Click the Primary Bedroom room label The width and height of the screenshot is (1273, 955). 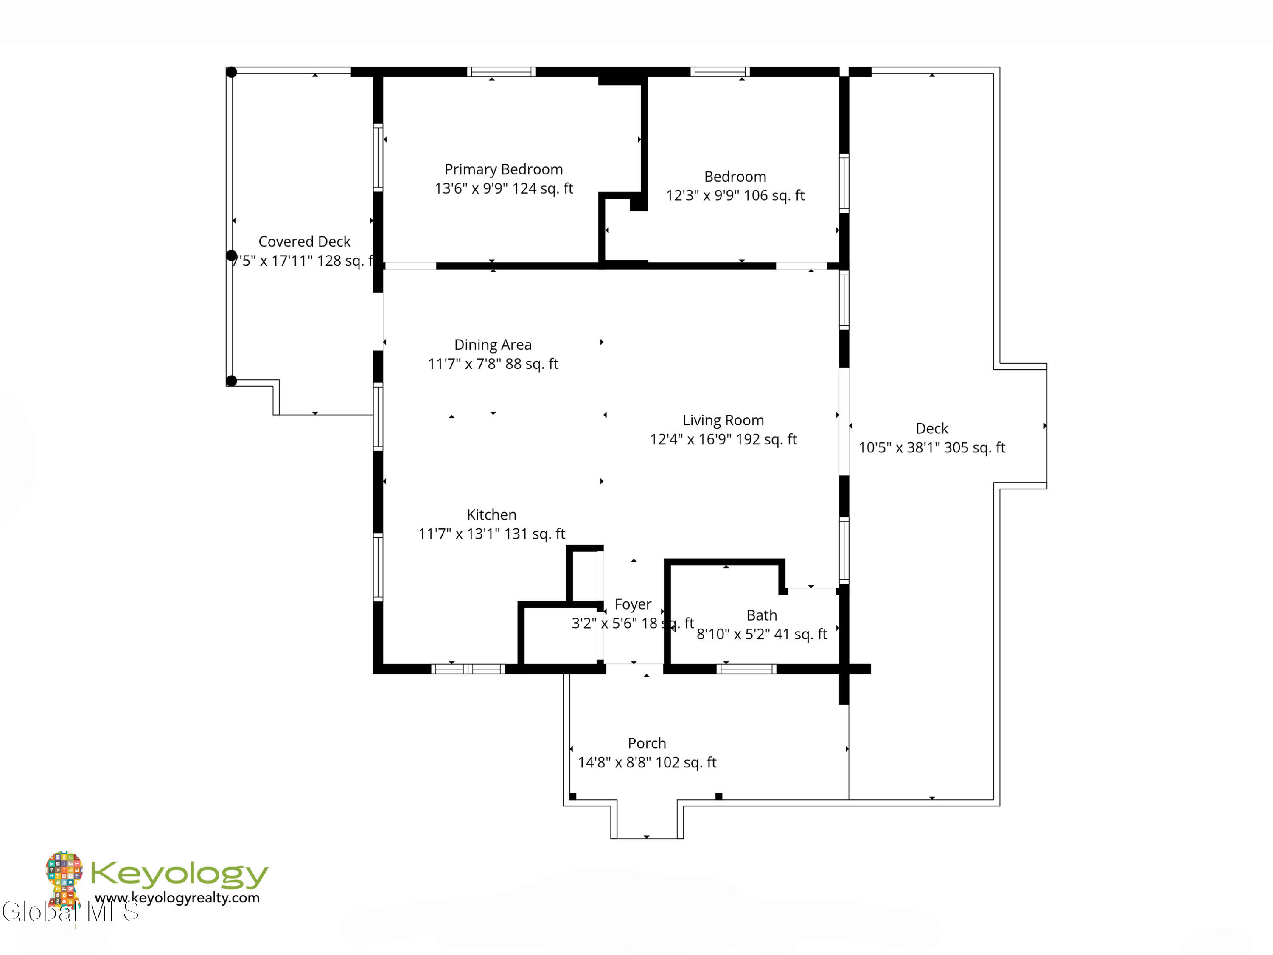click(504, 169)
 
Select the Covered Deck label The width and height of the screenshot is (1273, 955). click(304, 242)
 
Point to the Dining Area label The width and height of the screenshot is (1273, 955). click(493, 345)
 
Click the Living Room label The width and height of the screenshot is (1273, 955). click(723, 420)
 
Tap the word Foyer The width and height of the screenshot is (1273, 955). click(633, 604)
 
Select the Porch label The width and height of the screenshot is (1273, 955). click(647, 743)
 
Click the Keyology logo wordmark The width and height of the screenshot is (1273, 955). click(179, 874)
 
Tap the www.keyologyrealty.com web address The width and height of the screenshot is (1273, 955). click(177, 897)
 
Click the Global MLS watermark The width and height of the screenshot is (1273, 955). click(70, 912)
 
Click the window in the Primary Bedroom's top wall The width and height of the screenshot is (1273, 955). click(501, 72)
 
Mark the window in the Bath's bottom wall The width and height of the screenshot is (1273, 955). click(746, 669)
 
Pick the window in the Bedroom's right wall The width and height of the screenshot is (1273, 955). click(844, 183)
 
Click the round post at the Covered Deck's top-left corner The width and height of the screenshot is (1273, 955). click(231, 73)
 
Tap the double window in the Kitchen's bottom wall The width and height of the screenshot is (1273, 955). click(468, 669)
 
